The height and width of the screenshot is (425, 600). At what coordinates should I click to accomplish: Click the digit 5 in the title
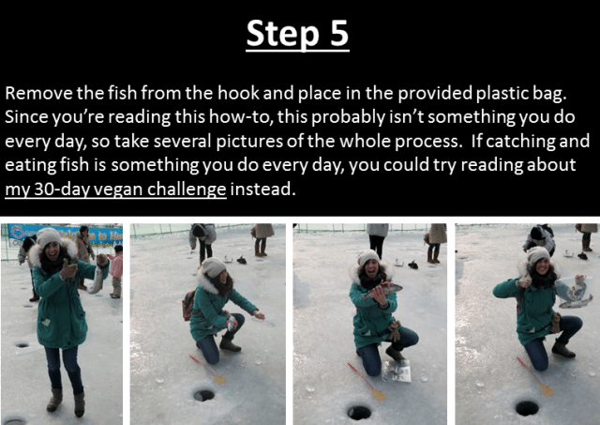[x=338, y=33]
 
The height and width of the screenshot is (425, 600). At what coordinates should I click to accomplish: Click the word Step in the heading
[x=282, y=35]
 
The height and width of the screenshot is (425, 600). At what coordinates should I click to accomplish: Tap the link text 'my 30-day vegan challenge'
[x=115, y=189]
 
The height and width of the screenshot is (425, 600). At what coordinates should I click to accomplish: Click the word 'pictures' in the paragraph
[x=250, y=142]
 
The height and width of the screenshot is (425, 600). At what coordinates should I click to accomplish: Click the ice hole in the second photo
[x=203, y=395]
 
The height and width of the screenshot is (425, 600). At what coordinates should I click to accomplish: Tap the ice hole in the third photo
[x=358, y=412]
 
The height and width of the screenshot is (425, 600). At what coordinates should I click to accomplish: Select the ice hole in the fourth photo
[x=527, y=408]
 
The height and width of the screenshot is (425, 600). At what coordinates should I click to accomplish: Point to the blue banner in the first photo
[x=65, y=235]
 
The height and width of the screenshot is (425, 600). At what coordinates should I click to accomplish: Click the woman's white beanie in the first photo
[x=48, y=236]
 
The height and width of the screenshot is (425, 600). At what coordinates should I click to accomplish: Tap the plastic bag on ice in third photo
[x=397, y=370]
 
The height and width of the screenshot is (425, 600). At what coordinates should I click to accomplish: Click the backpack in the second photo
[x=188, y=305]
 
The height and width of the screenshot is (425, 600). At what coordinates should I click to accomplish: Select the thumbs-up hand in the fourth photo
[x=525, y=281]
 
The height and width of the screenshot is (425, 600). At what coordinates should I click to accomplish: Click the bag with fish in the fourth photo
[x=571, y=291]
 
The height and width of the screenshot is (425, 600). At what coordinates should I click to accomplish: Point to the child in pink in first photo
[x=116, y=271]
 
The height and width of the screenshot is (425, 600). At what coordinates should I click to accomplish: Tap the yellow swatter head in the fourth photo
[x=546, y=390]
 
